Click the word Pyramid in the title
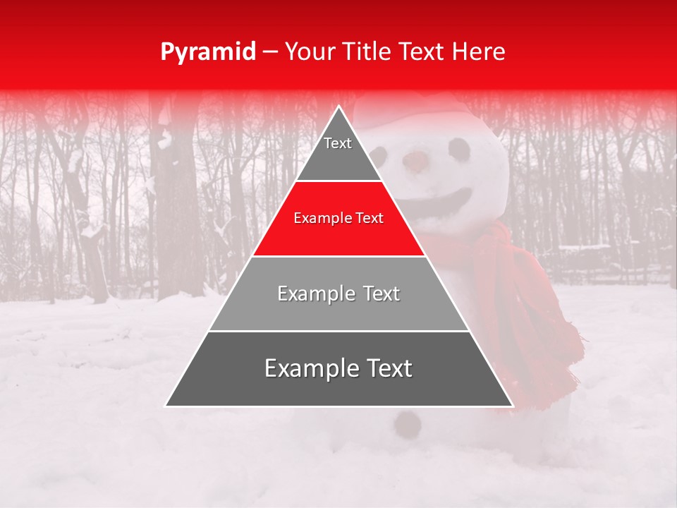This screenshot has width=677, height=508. click(x=207, y=52)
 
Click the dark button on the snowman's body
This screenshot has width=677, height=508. click(x=407, y=424)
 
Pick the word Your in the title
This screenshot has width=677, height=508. click(x=307, y=52)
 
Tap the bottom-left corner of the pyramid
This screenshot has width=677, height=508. click(x=166, y=405)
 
